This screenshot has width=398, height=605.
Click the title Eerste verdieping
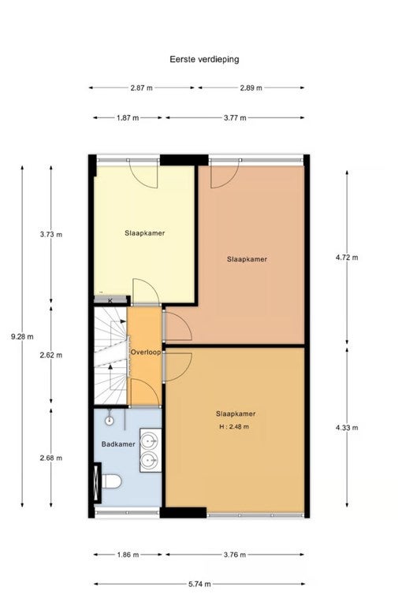click(x=204, y=59)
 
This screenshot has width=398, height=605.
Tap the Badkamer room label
click(x=118, y=444)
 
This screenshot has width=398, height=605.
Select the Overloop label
click(x=146, y=352)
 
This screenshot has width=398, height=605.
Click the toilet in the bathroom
click(x=112, y=481)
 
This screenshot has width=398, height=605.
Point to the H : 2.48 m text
click(x=234, y=427)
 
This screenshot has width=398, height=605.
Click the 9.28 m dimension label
click(x=22, y=336)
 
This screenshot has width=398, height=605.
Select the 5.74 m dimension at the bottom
click(x=199, y=585)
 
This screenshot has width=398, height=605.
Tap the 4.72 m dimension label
click(x=347, y=258)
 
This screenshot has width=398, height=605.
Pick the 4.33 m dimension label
click(x=347, y=428)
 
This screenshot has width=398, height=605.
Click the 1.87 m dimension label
click(x=128, y=118)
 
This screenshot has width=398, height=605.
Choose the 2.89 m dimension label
click(x=251, y=88)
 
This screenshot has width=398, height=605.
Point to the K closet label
click(x=110, y=301)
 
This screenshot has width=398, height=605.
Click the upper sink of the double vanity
click(x=150, y=439)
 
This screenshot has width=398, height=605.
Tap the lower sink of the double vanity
click(x=150, y=460)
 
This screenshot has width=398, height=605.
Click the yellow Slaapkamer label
click(x=145, y=233)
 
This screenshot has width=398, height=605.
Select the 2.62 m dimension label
click(x=51, y=355)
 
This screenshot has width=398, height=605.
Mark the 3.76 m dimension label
click(x=235, y=555)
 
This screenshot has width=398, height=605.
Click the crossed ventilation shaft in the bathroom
click(x=97, y=483)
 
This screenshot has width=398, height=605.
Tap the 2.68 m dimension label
click(x=51, y=458)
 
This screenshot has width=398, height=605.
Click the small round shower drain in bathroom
click(x=110, y=421)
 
